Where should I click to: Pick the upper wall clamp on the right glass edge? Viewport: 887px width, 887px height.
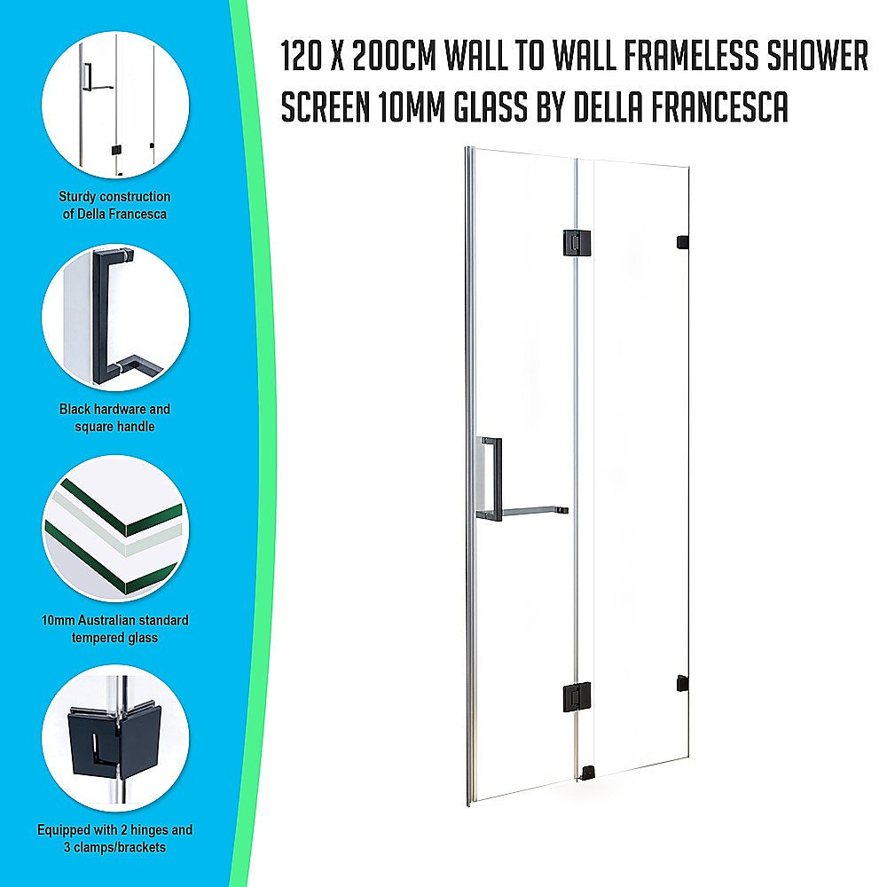[x=682, y=241]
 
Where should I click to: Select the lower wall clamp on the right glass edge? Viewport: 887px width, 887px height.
[x=681, y=683]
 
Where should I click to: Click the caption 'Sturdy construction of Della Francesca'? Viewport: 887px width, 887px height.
[x=115, y=205]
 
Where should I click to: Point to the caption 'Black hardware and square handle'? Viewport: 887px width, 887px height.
[x=115, y=418]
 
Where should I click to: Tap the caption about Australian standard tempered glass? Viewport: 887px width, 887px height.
[x=115, y=629]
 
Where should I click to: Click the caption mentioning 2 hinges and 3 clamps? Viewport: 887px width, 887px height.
[x=115, y=839]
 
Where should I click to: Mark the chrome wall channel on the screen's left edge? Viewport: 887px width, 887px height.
[x=471, y=479]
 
